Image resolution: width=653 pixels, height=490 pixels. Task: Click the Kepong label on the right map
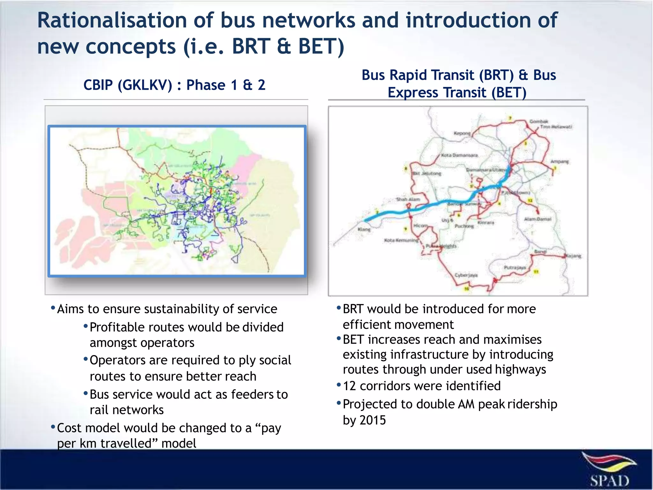462,133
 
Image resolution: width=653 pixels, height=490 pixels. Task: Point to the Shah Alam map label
408,199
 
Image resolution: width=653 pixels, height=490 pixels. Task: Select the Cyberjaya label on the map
466,275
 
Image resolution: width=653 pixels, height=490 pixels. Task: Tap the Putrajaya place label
515,268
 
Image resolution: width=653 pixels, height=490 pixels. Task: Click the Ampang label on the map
560,162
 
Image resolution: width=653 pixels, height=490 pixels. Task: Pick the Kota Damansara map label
459,155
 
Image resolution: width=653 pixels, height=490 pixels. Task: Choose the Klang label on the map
364,229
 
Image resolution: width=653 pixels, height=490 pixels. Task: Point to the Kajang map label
574,256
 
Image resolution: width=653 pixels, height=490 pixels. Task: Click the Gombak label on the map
539,121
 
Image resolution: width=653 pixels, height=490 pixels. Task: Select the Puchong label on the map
464,226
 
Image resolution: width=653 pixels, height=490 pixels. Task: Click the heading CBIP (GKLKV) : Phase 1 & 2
174,85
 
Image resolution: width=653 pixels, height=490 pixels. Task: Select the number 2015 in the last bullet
372,420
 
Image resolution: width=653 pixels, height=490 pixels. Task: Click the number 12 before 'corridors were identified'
349,386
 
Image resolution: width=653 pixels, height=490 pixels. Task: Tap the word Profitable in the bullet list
117,327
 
